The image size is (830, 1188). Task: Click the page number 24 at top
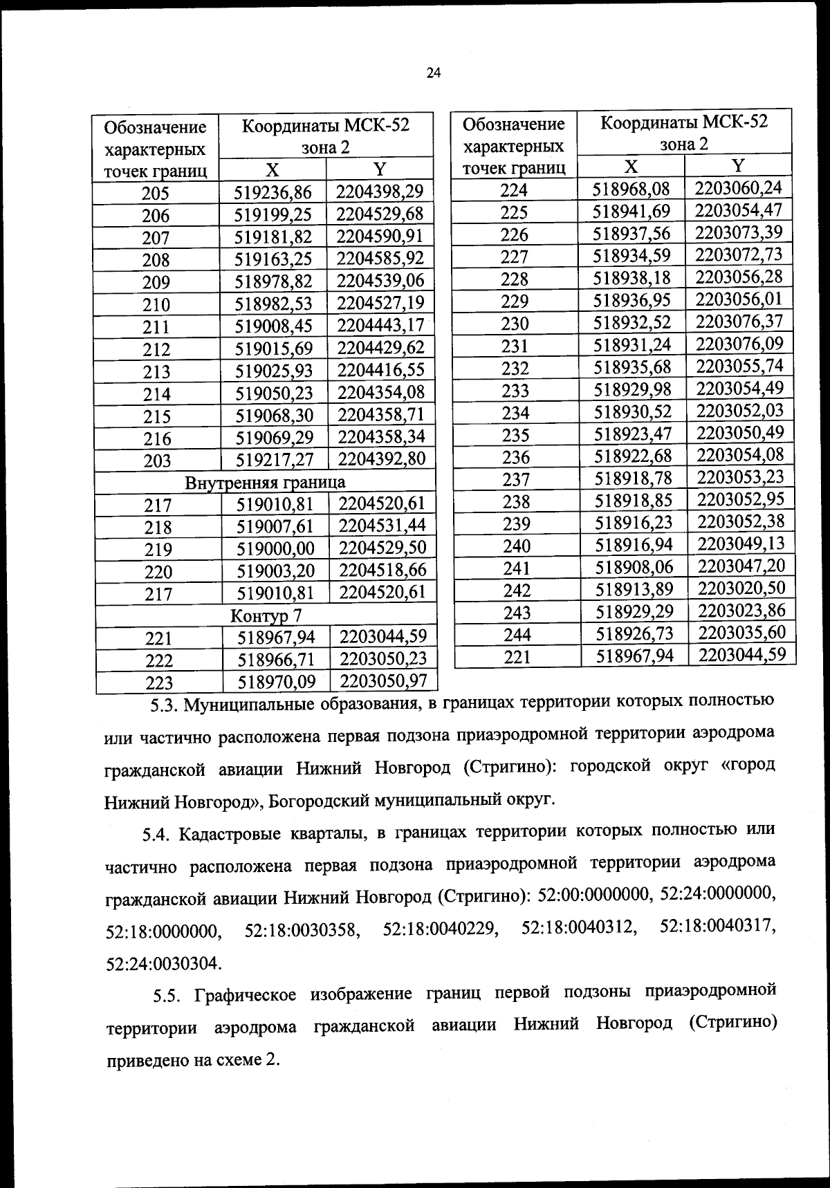click(x=434, y=73)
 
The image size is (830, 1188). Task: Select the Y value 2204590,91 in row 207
click(x=380, y=236)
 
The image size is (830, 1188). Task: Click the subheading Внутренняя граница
click(x=265, y=482)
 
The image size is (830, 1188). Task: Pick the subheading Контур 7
click(x=266, y=615)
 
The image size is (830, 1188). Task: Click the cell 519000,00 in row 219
click(x=275, y=548)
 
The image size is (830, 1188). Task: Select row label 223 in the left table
click(x=158, y=683)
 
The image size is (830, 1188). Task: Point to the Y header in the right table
click(x=738, y=165)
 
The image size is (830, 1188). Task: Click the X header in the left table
click(x=273, y=170)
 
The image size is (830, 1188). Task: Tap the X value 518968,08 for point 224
click(x=633, y=189)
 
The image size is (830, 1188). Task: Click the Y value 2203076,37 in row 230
click(x=739, y=322)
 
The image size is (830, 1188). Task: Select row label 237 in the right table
click(x=515, y=479)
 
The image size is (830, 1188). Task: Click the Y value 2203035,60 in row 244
click(x=741, y=633)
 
